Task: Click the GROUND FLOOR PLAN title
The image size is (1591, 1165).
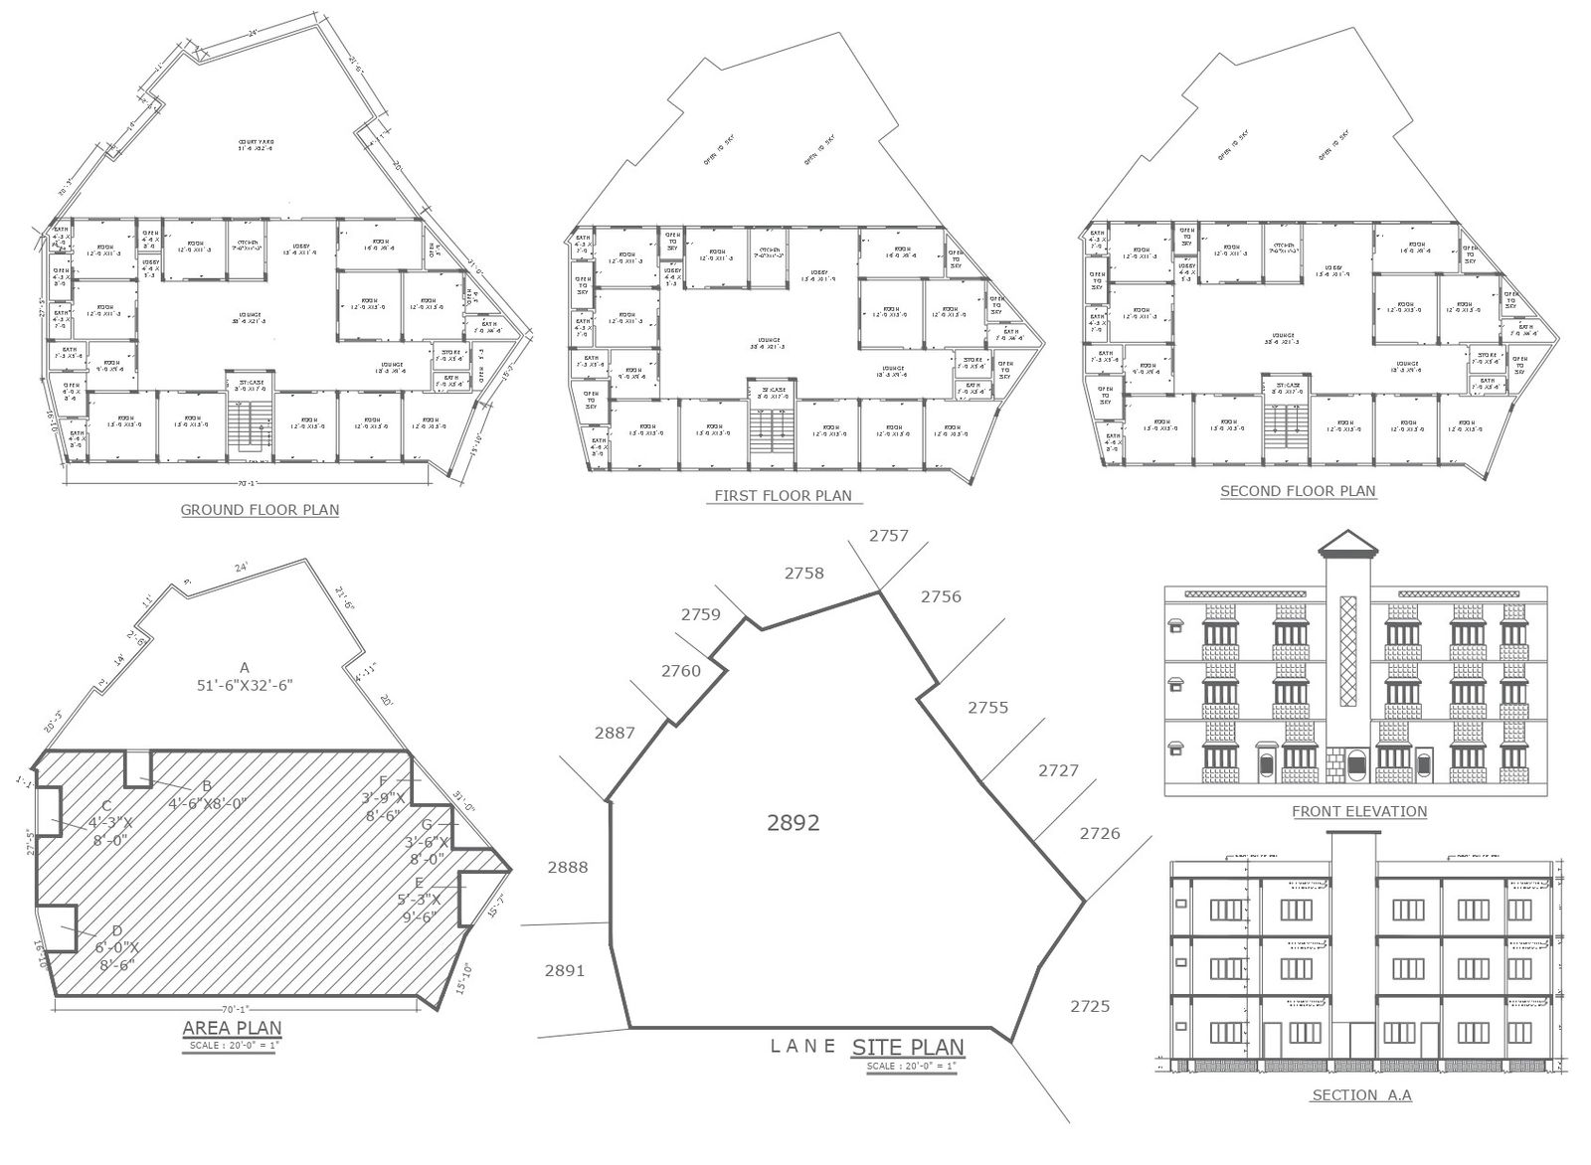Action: pos(260,510)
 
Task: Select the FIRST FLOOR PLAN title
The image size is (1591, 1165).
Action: pos(783,495)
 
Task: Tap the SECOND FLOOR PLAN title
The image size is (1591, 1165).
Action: pos(1298,490)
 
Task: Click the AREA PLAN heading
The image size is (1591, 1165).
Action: pos(232,1028)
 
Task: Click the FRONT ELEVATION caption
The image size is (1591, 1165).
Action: pos(1358,811)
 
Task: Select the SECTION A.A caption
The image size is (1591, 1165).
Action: pos(1361,1095)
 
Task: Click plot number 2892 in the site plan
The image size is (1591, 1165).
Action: pos(793,823)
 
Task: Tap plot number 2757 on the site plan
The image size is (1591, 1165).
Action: pos(888,536)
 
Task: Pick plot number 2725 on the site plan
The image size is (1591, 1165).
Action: pos(1089,1006)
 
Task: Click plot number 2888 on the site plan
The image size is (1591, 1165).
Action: pos(567,867)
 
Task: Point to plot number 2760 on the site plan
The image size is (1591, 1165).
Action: pos(680,671)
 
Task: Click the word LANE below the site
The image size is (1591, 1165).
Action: pos(803,1045)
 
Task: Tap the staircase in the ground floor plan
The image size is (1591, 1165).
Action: pos(248,422)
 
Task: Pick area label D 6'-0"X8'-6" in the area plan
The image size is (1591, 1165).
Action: pos(117,950)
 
